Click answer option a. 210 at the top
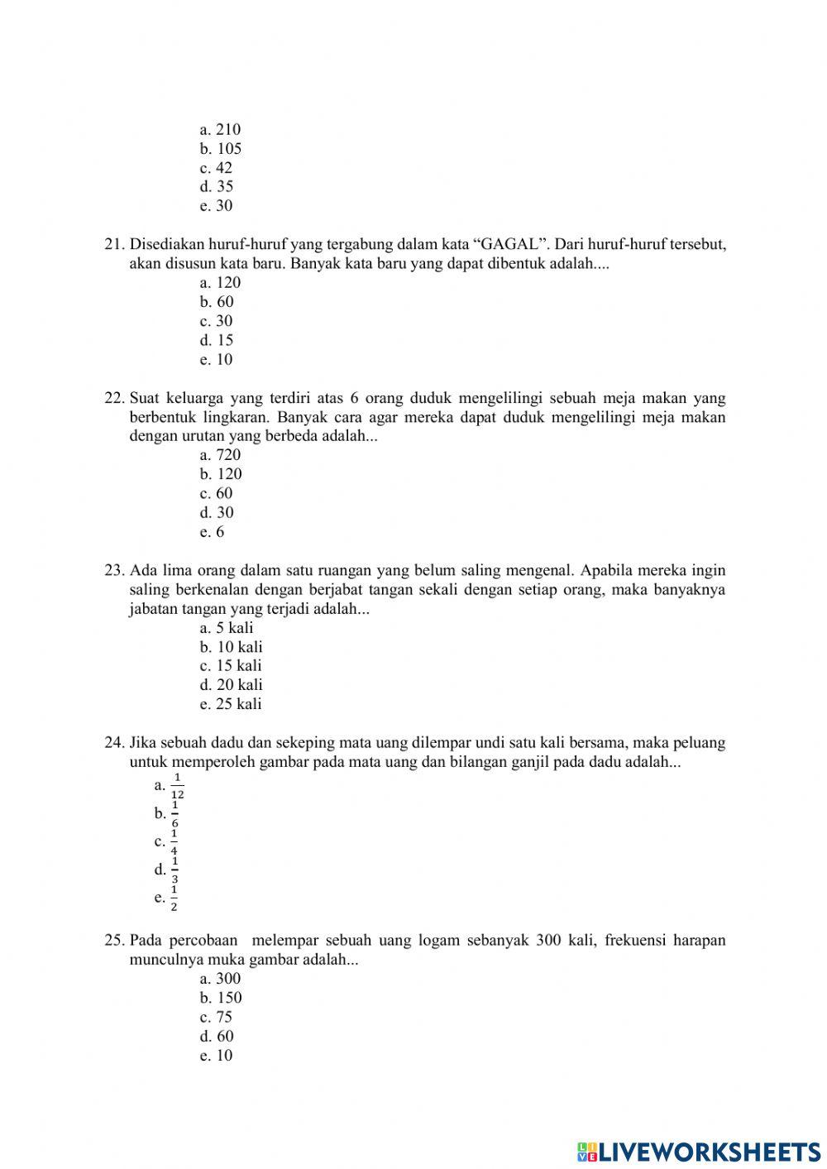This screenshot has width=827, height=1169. [220, 130]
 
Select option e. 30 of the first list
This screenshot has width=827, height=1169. [216, 206]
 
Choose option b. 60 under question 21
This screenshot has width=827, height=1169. [217, 302]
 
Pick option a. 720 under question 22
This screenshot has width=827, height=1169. [220, 455]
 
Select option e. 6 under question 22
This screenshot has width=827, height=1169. [212, 532]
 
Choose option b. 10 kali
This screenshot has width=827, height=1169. [231, 647]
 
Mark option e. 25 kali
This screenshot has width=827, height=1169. [231, 704]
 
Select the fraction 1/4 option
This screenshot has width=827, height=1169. [174, 842]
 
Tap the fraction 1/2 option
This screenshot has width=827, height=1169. [174, 898]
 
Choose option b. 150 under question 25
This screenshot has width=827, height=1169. [221, 998]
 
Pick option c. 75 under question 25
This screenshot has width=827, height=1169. [216, 1018]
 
